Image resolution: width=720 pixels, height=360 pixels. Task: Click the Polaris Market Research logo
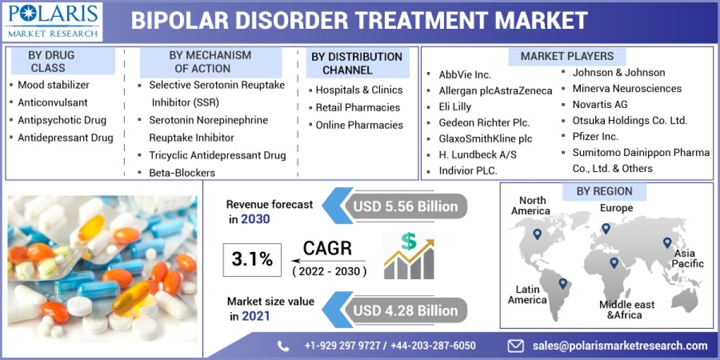coord(53,20)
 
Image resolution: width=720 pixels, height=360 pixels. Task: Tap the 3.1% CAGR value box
coord(252,259)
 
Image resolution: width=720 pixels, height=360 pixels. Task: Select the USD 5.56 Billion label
coord(406,207)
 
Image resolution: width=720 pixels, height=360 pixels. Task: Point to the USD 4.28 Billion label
coord(406,310)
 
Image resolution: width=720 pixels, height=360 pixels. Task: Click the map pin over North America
coord(537,234)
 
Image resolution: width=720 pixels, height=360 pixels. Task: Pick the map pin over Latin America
coord(562,283)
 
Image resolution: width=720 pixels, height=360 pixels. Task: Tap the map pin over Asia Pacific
coord(667,243)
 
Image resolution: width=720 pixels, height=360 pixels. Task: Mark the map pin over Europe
coord(606,229)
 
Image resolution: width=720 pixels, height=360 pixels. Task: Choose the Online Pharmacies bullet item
coord(359,125)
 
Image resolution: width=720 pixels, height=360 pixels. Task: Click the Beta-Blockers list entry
coord(182,173)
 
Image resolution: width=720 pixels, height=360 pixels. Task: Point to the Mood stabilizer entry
coord(53,85)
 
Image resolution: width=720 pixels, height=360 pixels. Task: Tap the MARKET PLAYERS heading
coord(567,56)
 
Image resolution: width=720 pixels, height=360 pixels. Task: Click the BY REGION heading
coord(604,191)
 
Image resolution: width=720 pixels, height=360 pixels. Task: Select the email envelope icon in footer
coord(515,346)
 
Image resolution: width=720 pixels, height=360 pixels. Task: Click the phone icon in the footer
coord(283,346)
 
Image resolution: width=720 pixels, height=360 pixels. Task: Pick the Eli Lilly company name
coord(455,107)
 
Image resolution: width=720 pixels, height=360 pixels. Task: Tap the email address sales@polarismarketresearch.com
coord(620,346)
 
